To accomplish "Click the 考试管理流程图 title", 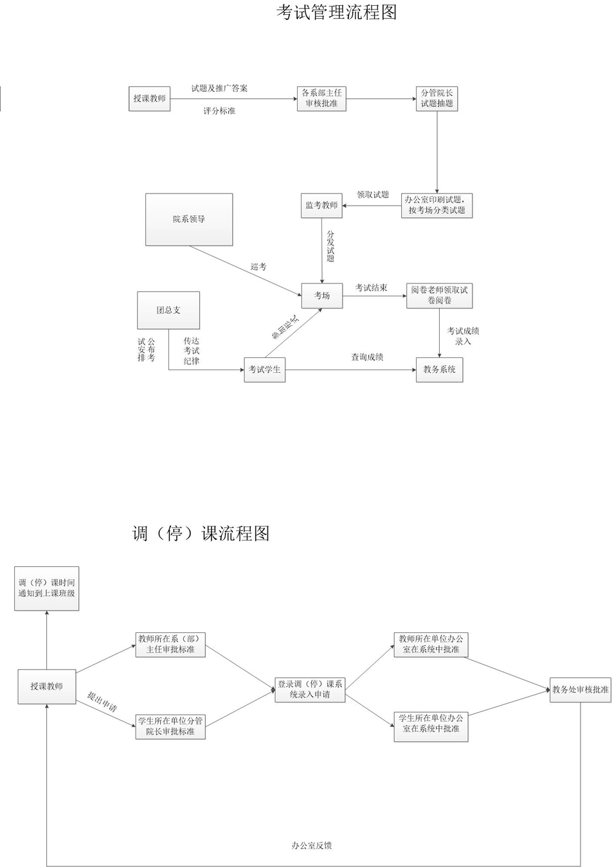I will point(336,12).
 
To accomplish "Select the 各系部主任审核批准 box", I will point(321,98).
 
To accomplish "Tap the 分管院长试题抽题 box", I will point(437,98).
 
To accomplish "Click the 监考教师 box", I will point(321,206).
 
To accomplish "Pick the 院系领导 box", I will point(189,219).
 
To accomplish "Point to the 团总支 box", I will point(168,310).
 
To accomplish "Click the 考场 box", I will point(322,296).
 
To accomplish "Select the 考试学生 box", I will point(264,370).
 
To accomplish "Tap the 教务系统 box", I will point(439,370).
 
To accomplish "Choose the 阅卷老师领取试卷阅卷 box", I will point(440,296).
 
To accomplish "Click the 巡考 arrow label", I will point(258,266).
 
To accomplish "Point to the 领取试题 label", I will point(373,194).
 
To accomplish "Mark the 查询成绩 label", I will point(367,357).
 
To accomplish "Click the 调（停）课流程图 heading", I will point(201,533).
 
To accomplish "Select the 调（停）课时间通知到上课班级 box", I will point(47,588).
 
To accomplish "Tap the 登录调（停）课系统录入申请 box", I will point(310,689).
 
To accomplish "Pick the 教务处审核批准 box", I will point(580,690).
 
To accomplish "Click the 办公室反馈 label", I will point(311,845).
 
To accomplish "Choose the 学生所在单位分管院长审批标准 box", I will point(170,726).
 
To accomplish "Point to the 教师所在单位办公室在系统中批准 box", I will point(431,644).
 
